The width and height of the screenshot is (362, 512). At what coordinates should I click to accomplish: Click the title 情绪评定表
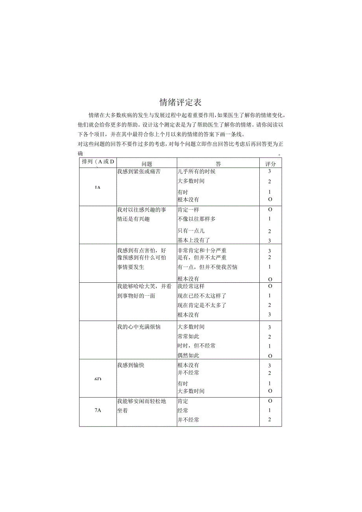click(181, 103)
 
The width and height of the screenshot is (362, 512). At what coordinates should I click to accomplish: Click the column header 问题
click(147, 164)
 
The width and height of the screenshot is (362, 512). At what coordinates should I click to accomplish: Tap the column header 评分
click(270, 164)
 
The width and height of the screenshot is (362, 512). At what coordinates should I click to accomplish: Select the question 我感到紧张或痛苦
click(139, 171)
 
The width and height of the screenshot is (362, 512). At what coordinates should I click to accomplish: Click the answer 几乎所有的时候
click(196, 171)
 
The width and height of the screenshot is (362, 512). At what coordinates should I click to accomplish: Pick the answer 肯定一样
click(188, 210)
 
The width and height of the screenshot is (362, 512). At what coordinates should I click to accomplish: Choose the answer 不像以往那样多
click(196, 219)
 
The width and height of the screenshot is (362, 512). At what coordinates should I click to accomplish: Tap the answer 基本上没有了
click(194, 240)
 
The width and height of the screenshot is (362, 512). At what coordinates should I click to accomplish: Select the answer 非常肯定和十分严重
click(202, 250)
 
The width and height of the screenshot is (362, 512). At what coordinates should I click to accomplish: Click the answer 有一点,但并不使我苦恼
click(207, 267)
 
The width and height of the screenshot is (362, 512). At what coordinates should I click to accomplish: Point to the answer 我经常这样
click(191, 286)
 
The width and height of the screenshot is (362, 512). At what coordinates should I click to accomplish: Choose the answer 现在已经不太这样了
click(202, 296)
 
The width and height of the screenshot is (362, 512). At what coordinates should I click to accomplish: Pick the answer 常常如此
click(188, 337)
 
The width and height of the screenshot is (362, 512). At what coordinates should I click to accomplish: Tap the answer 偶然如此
click(188, 355)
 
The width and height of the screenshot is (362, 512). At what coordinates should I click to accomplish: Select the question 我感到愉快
click(131, 365)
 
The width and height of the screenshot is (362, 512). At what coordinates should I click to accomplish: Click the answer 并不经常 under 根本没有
click(188, 373)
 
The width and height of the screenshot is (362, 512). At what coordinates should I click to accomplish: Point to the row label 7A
click(98, 411)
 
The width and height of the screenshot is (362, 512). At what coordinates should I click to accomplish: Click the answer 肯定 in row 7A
click(183, 401)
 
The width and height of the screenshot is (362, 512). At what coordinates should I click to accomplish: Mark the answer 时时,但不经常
click(196, 346)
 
